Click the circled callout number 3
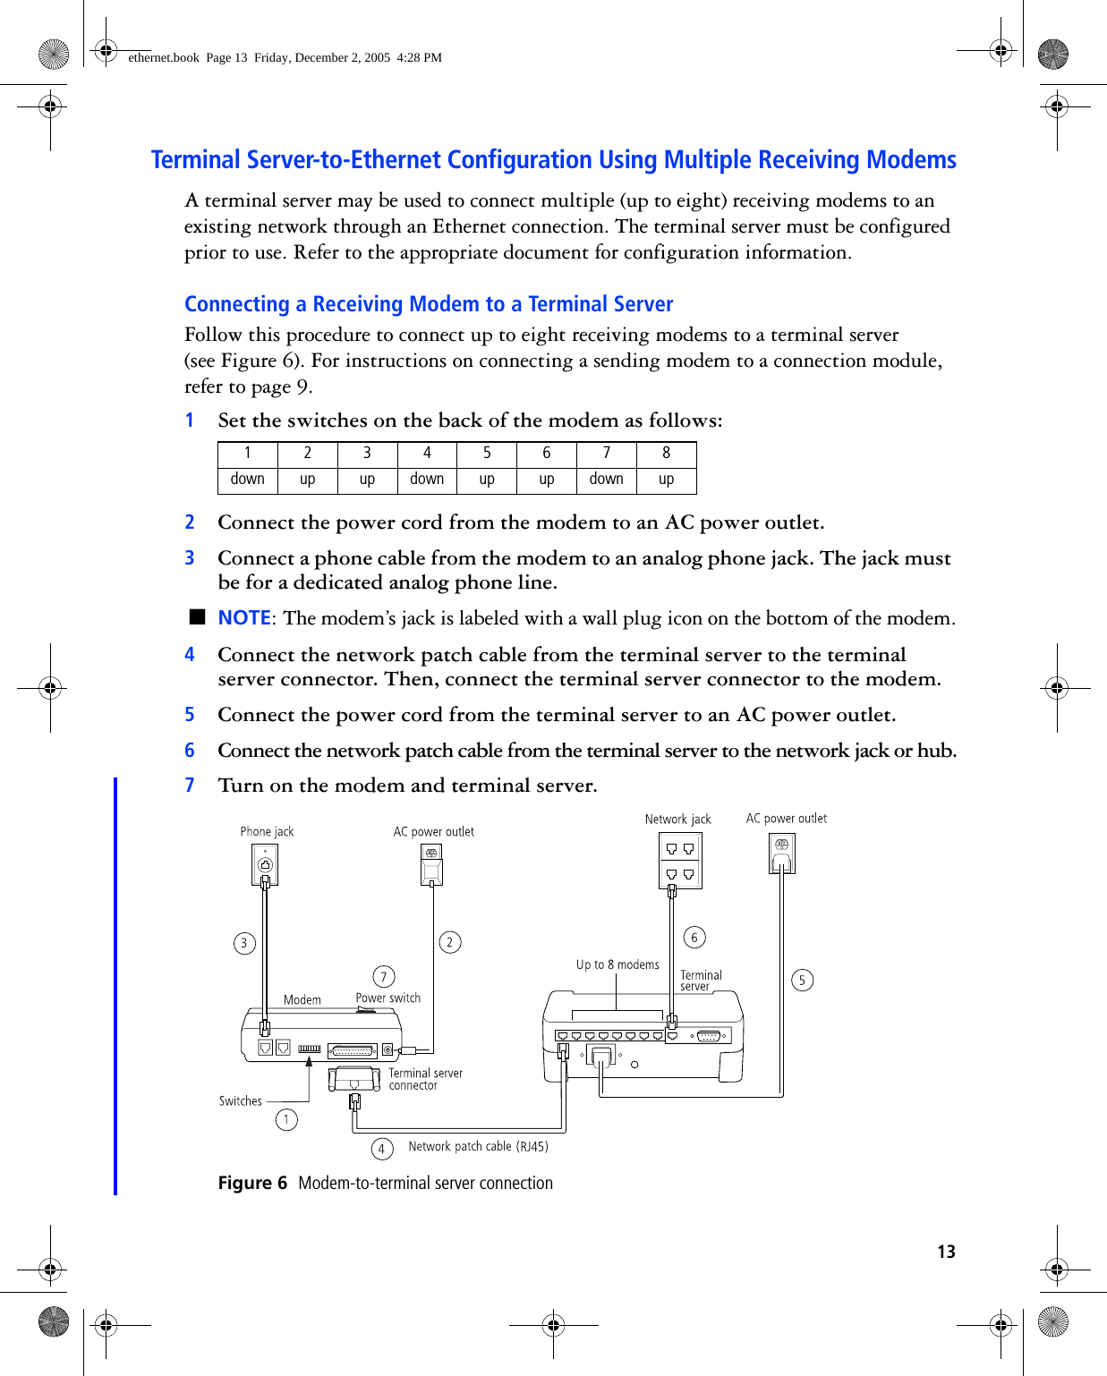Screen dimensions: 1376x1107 (x=244, y=943)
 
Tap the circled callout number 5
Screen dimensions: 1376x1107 (x=802, y=981)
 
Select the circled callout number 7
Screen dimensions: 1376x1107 (x=383, y=977)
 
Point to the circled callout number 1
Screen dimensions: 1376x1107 (x=286, y=1119)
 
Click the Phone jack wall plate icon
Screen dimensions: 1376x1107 (x=266, y=864)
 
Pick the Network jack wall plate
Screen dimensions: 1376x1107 (x=680, y=861)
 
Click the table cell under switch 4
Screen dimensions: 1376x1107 (x=427, y=480)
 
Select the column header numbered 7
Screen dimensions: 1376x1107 (x=606, y=454)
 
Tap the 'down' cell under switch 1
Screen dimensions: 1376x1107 (x=247, y=480)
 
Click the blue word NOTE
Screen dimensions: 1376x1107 (x=244, y=618)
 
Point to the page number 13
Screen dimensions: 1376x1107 (x=946, y=1252)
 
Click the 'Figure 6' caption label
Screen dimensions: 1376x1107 (x=252, y=1183)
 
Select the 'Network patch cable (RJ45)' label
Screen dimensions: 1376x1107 (x=478, y=1147)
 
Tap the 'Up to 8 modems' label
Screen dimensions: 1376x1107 (x=617, y=964)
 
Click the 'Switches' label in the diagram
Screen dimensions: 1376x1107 (x=241, y=1101)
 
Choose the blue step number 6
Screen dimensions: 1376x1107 (x=190, y=751)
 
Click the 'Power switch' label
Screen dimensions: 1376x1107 (x=388, y=998)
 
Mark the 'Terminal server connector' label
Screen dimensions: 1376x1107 (x=425, y=1079)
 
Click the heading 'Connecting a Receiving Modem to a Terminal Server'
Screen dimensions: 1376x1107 (x=429, y=304)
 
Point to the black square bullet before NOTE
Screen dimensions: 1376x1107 (x=198, y=616)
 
